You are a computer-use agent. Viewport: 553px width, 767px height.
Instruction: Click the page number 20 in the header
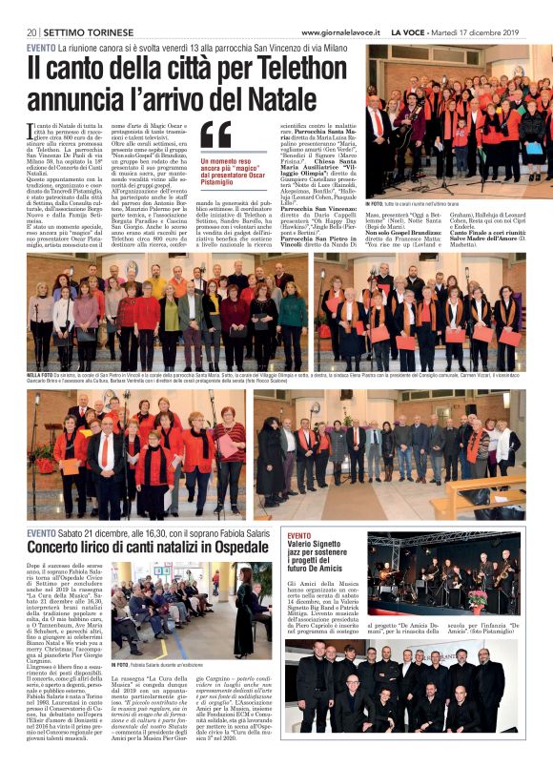[x=31, y=33]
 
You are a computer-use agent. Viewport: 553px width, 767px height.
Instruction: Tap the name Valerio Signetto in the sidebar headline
[x=322, y=548]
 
